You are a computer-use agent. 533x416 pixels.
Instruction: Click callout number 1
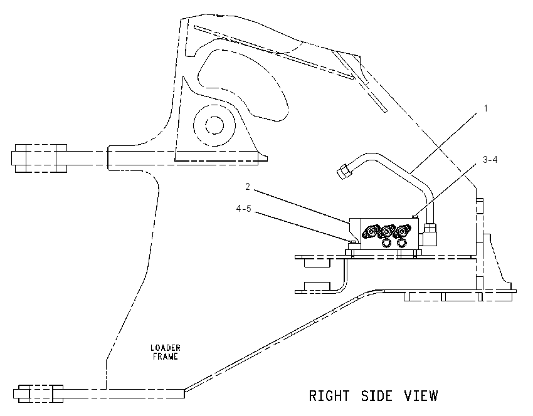pyautogui.click(x=486, y=108)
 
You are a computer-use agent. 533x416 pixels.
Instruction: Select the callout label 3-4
pyautogui.click(x=490, y=159)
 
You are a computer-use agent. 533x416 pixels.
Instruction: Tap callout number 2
pyautogui.click(x=248, y=187)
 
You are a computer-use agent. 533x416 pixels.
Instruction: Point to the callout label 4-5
pyautogui.click(x=244, y=209)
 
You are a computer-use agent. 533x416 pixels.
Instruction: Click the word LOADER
pyautogui.click(x=166, y=348)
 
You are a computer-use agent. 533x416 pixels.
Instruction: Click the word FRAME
pyautogui.click(x=166, y=356)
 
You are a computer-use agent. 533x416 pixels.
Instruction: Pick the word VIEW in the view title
pyautogui.click(x=421, y=396)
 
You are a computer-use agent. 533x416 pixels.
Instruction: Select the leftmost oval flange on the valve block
pyautogui.click(x=370, y=232)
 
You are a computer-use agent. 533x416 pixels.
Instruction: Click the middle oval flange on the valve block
pyautogui.click(x=386, y=232)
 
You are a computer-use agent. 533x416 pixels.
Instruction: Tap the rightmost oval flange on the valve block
pyautogui.click(x=402, y=232)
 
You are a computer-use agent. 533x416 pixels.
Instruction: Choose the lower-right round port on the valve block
pyautogui.click(x=401, y=243)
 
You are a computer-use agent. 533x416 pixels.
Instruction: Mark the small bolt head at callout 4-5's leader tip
pyautogui.click(x=352, y=242)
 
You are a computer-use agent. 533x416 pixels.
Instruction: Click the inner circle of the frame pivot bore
pyautogui.click(x=214, y=125)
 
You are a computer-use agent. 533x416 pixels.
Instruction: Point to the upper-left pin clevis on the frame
pyautogui.click(x=39, y=159)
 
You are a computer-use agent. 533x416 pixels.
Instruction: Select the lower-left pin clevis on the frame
pyautogui.click(x=38, y=394)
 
